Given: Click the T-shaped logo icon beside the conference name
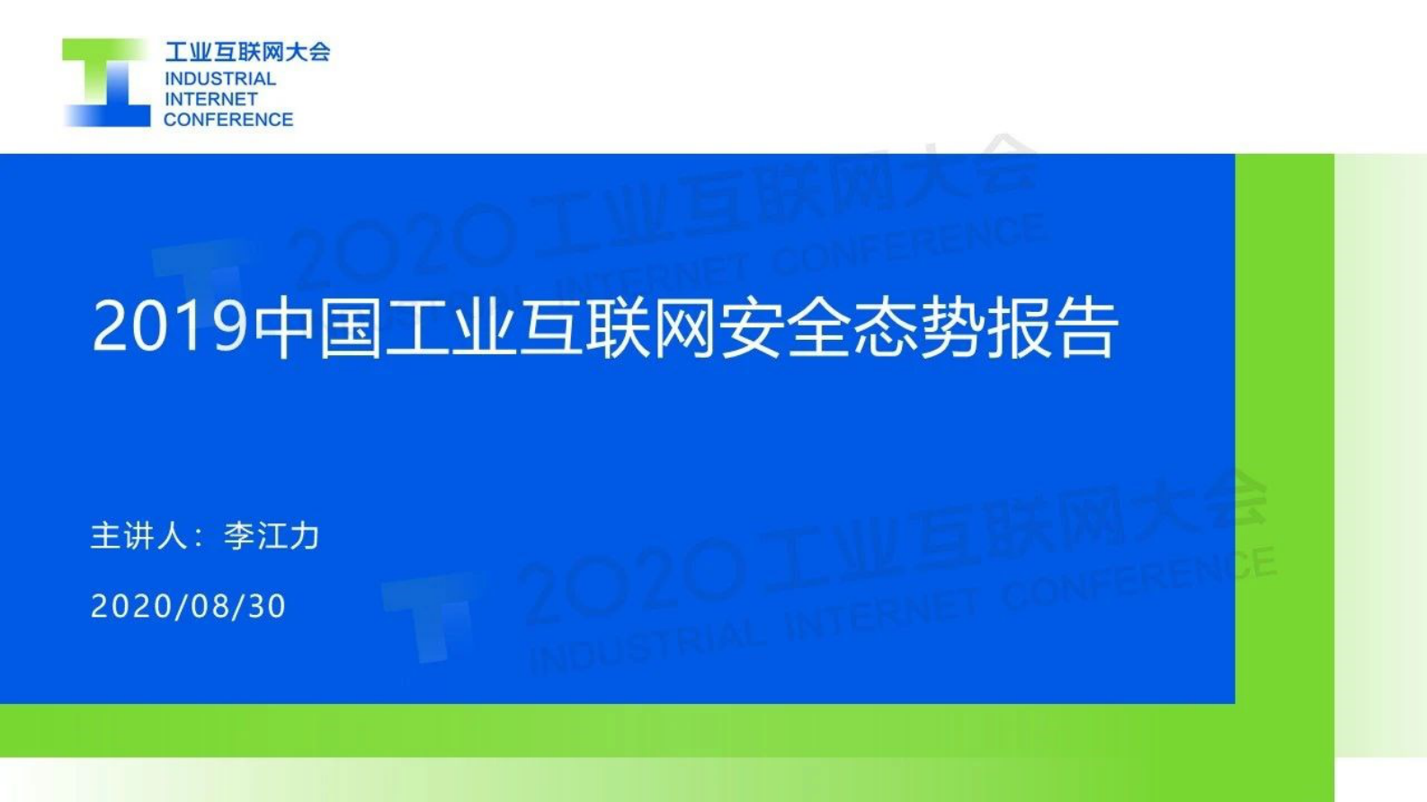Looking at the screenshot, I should (x=106, y=83).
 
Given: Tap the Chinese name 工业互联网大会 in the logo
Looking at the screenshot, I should (x=247, y=51).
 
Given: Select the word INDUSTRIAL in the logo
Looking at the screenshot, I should (x=220, y=79).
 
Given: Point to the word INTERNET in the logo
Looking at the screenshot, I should (x=211, y=99).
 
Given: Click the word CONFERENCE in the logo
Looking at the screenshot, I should (x=228, y=120).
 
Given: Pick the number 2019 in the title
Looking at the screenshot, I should (x=169, y=326).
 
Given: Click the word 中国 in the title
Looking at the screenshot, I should (x=319, y=326).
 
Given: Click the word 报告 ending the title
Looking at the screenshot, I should (x=1053, y=326).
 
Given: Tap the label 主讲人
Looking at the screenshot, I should (x=139, y=536).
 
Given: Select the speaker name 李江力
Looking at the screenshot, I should (x=272, y=536).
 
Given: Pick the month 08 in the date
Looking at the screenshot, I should (x=210, y=606).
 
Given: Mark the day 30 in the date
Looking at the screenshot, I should (x=267, y=606).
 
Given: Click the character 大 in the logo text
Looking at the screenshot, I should (x=296, y=51).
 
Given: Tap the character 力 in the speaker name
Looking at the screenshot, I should (x=305, y=536).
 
